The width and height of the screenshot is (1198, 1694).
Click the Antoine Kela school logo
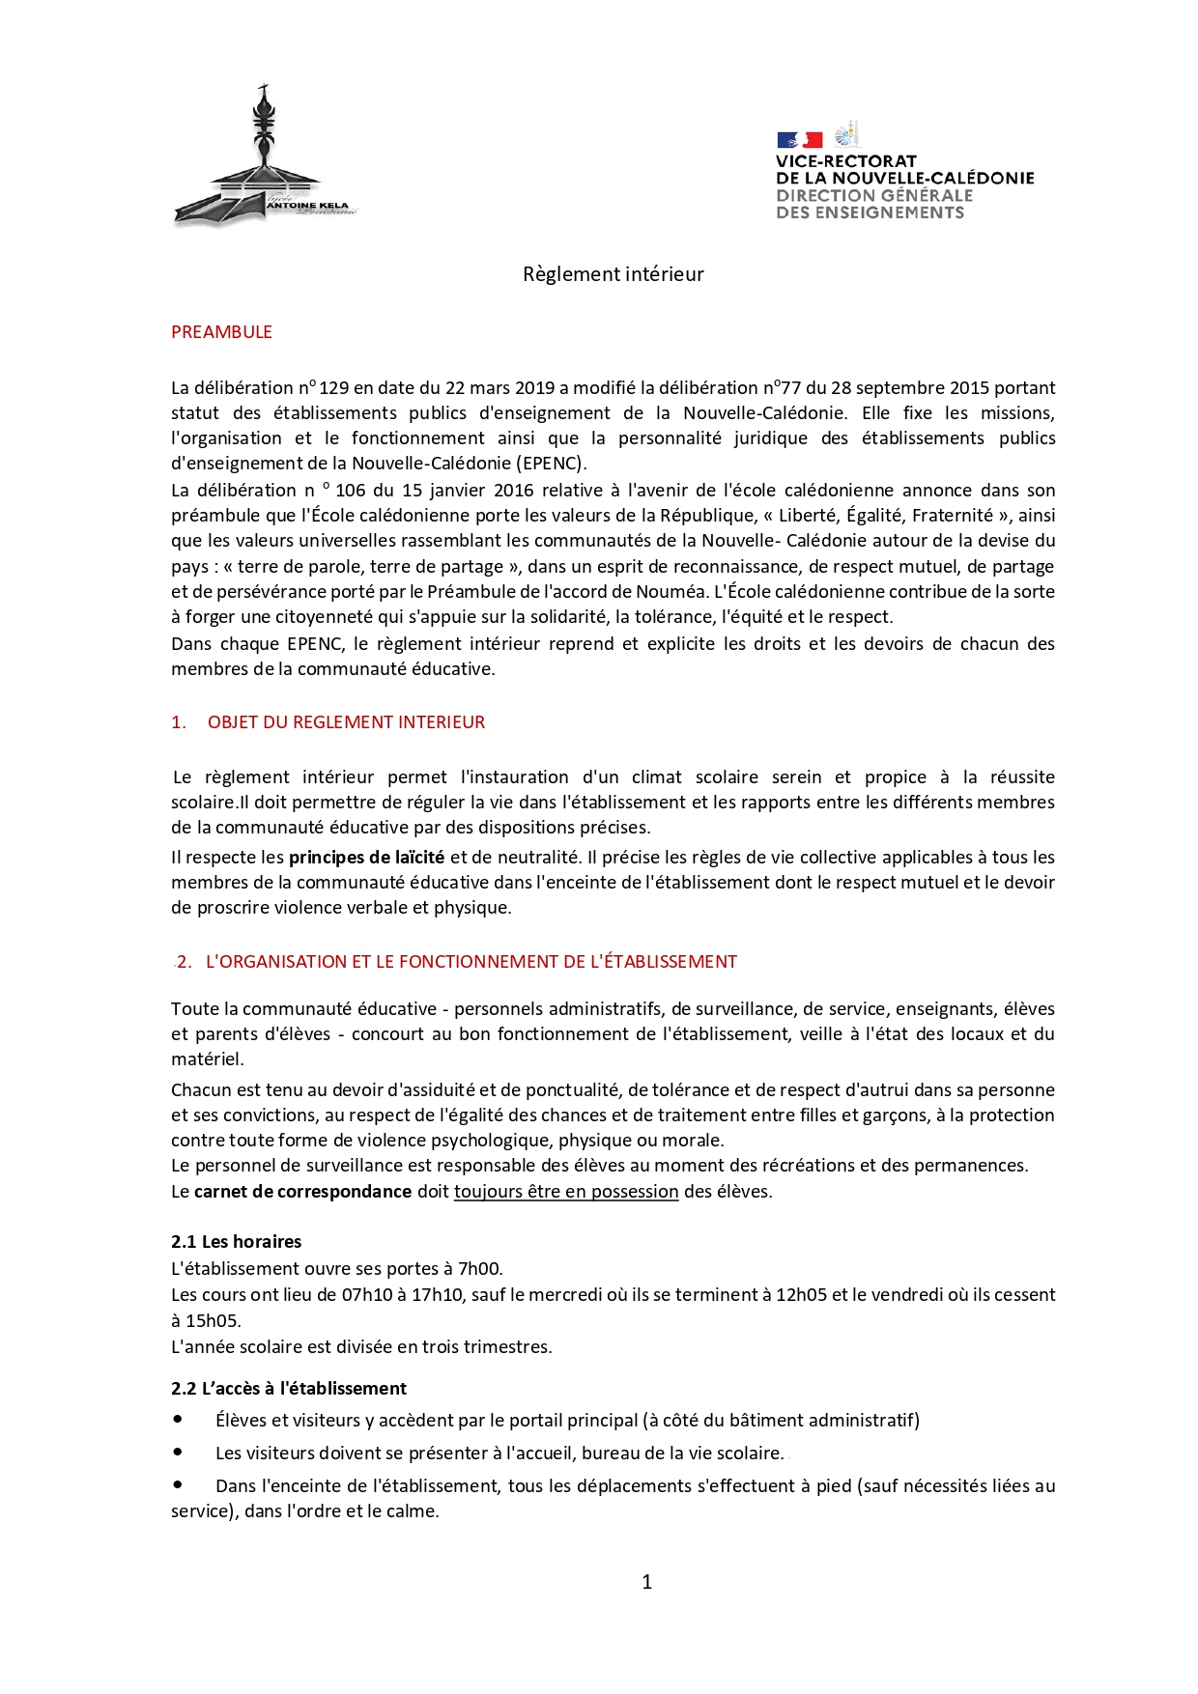coord(264,159)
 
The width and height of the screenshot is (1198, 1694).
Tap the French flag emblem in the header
coord(799,140)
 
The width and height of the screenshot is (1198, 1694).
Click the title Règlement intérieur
coord(613,274)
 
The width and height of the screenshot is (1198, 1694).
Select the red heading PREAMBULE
coord(221,332)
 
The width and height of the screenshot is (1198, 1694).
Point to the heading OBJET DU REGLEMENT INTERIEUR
coord(346,722)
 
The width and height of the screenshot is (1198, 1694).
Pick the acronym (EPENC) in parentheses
coord(551,464)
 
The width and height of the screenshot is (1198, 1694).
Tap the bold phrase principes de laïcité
coord(366,858)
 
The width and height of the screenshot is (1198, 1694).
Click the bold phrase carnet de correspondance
coord(302,1192)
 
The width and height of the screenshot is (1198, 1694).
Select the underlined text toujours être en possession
coord(566,1192)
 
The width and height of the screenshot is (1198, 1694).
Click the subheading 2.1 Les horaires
coord(236,1242)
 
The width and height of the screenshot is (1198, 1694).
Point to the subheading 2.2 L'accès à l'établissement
coord(289,1389)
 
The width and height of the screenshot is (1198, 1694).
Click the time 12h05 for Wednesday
coord(801,1295)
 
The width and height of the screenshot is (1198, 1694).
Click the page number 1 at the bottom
coord(646,1582)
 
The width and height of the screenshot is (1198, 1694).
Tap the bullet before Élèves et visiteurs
coord(178,1420)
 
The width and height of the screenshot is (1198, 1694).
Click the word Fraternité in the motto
coord(952,516)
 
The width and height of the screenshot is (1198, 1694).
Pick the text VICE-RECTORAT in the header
coord(845,161)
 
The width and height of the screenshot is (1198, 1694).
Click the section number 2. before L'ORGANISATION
coord(185,962)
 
